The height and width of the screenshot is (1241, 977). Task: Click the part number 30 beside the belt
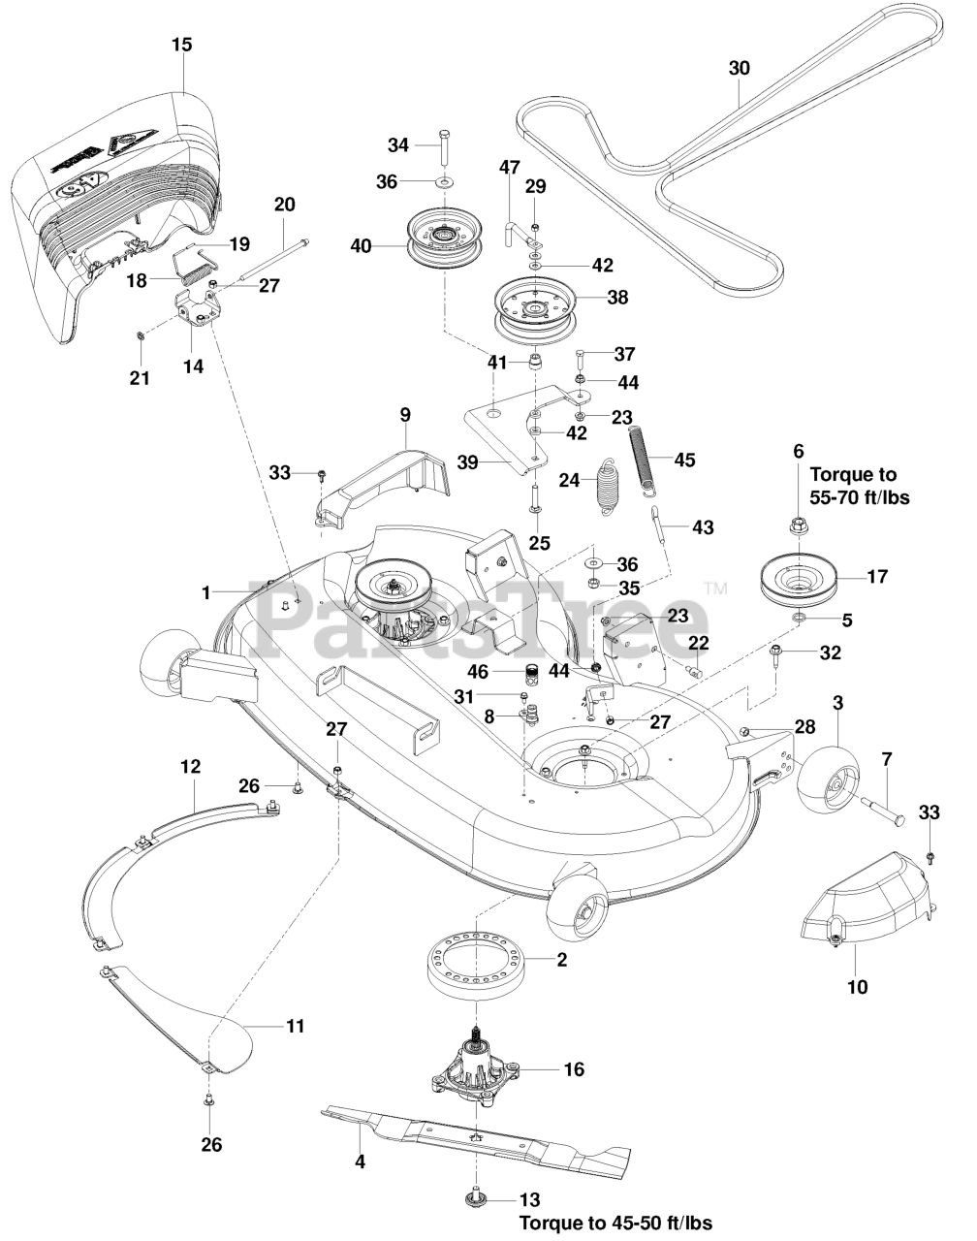point(739,69)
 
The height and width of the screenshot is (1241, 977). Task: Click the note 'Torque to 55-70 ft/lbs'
point(860,486)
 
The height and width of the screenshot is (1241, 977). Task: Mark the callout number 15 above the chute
point(181,45)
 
